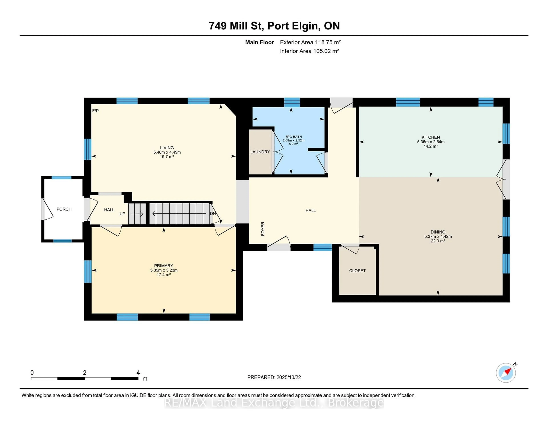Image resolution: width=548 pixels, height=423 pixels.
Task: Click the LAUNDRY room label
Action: tap(260, 152)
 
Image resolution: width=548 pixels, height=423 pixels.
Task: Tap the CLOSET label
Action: tap(357, 271)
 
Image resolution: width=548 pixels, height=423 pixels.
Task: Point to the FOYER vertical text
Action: tap(263, 229)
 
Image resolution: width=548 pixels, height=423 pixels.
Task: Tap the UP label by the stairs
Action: tap(122, 214)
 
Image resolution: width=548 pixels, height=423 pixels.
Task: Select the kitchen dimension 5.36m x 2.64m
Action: tap(431, 142)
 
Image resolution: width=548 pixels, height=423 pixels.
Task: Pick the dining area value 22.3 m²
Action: tap(438, 241)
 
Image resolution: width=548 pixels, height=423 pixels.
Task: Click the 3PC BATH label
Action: tap(294, 137)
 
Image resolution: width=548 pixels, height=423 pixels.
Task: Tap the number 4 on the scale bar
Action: tap(138, 373)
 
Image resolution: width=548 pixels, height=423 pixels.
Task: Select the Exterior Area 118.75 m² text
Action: tap(310, 42)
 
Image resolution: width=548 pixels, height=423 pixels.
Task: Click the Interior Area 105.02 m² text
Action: tap(309, 51)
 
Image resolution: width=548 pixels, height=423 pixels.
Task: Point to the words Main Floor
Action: tap(259, 42)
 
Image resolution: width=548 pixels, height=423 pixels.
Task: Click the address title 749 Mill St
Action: tap(236, 26)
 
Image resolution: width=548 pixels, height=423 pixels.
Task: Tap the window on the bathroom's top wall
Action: tap(292, 102)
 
